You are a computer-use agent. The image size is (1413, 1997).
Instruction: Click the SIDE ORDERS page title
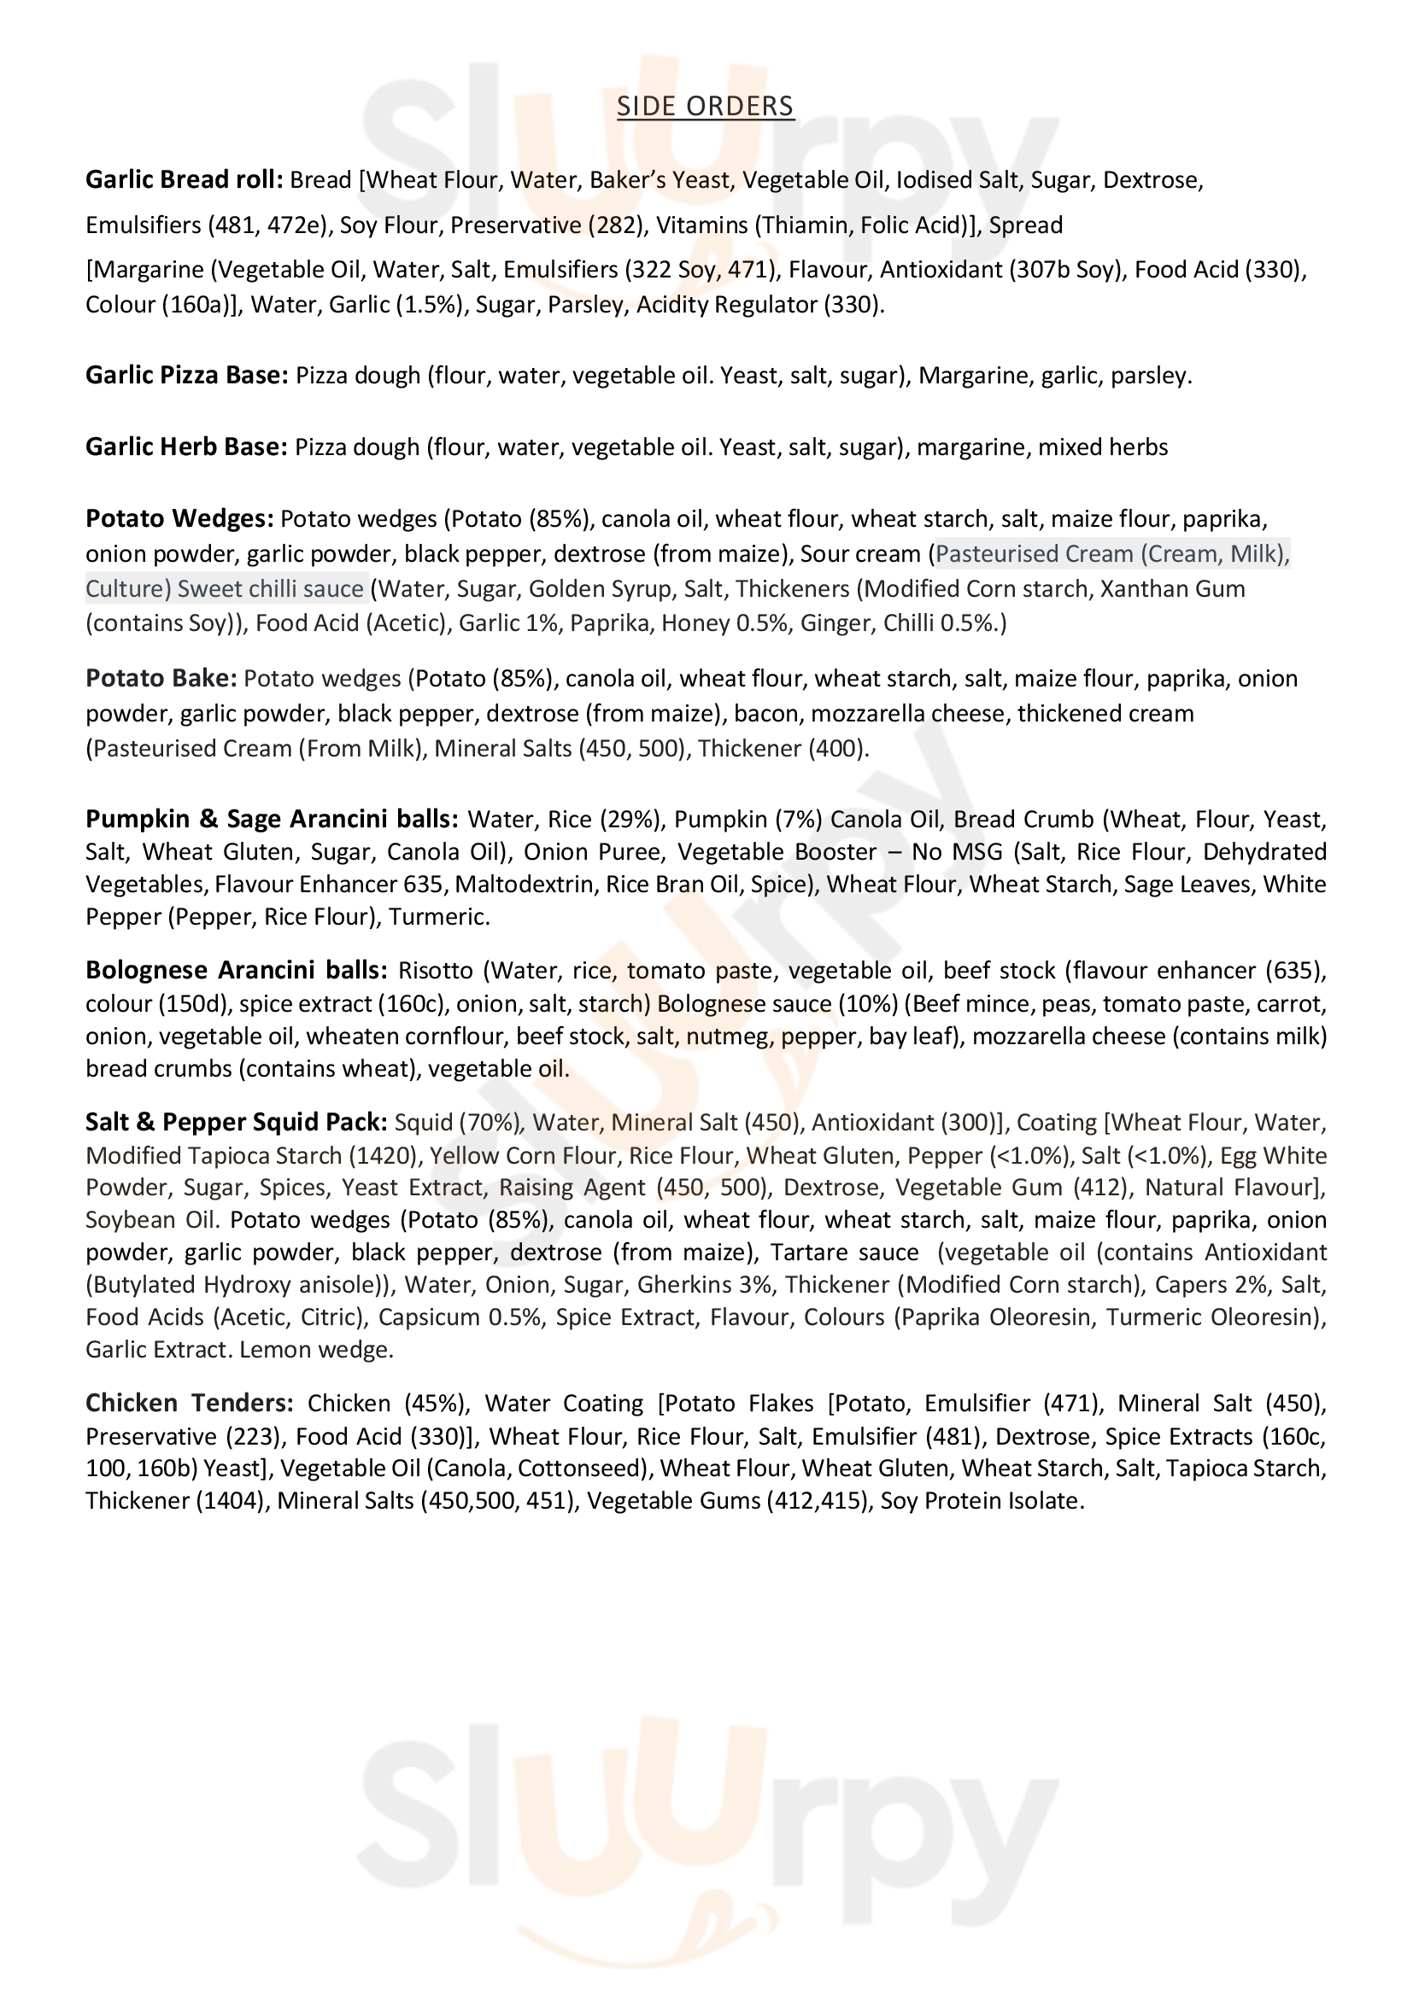pyautogui.click(x=705, y=106)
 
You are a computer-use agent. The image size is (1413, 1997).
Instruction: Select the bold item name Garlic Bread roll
pyautogui.click(x=184, y=180)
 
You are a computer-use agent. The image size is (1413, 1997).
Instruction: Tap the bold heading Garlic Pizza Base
pyautogui.click(x=186, y=376)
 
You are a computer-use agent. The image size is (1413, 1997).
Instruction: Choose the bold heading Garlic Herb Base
pyautogui.click(x=185, y=447)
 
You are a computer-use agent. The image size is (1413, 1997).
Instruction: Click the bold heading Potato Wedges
pyautogui.click(x=179, y=518)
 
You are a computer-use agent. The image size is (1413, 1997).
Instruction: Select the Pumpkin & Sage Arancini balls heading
pyautogui.click(x=272, y=820)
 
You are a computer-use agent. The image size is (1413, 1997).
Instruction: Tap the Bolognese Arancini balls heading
pyautogui.click(x=237, y=970)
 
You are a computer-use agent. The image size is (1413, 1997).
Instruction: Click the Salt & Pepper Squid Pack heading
pyautogui.click(x=236, y=1123)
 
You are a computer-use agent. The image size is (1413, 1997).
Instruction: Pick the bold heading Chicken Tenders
pyautogui.click(x=190, y=1404)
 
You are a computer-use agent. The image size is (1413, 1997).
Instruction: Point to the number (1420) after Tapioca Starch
pyautogui.click(x=382, y=1156)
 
